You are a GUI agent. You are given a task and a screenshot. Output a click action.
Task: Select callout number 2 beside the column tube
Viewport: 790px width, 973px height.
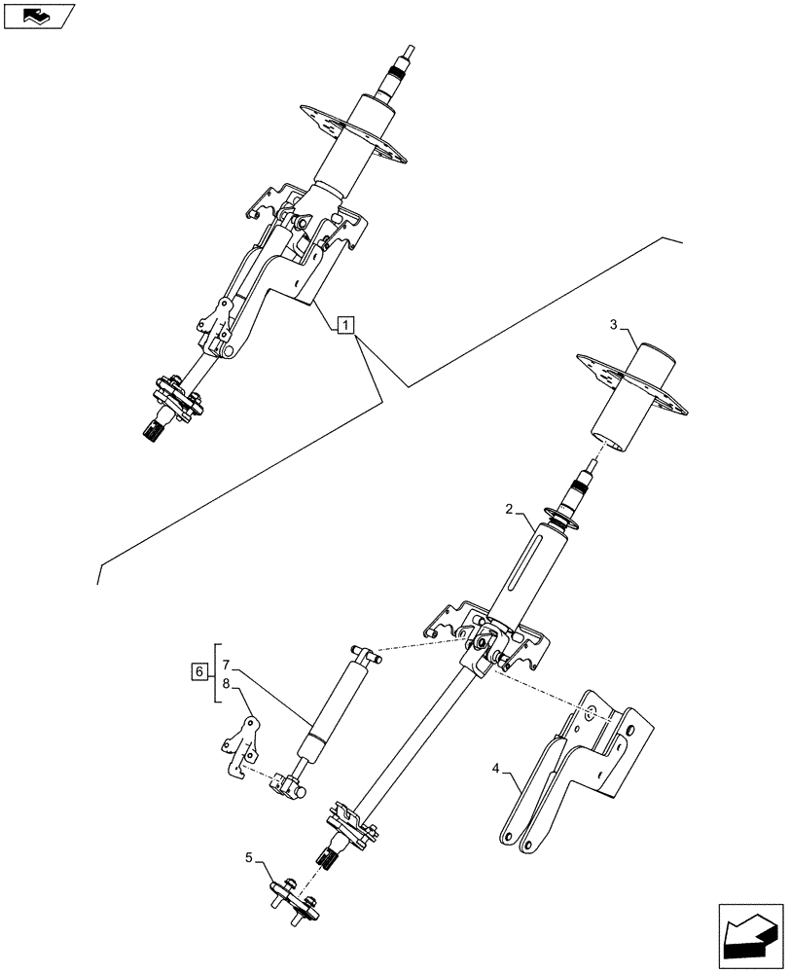(x=508, y=510)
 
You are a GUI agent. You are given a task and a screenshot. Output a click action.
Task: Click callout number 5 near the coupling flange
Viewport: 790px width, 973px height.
(x=249, y=858)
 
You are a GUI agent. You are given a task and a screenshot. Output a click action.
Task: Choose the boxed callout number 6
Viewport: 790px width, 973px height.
(x=198, y=671)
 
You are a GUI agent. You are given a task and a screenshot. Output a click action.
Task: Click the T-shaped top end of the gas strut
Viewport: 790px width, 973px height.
(x=363, y=654)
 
